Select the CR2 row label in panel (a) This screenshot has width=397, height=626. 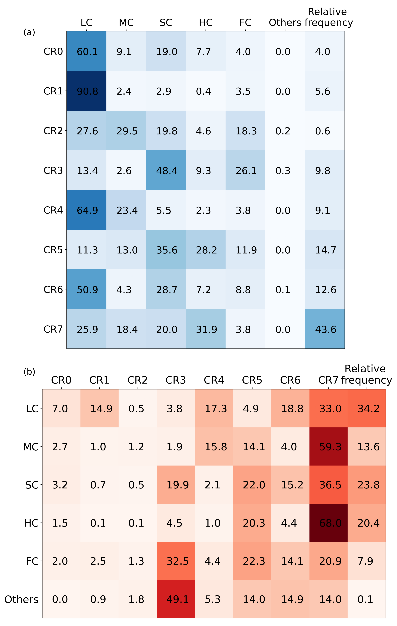point(53,131)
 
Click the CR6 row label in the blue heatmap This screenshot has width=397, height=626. point(53,289)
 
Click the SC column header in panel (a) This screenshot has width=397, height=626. point(166,23)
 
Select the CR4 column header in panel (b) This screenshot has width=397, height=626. point(214,380)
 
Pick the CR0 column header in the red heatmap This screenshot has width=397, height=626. point(61,380)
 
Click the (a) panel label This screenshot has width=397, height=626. point(29,32)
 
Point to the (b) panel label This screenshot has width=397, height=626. point(29,372)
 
